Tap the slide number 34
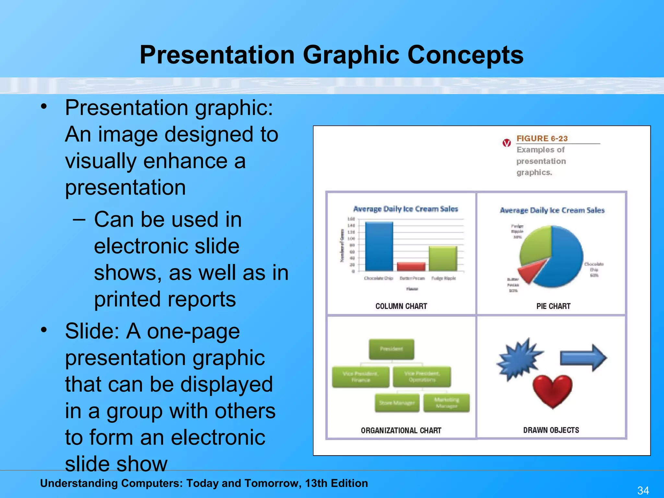pos(643,490)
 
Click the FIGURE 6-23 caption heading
pos(542,138)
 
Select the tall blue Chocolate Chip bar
pos(379,246)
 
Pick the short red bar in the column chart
pos(411,267)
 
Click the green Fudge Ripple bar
pos(443,258)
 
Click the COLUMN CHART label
pos(401,306)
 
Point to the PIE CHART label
pos(553,306)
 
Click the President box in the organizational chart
pos(391,349)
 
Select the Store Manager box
pos(397,403)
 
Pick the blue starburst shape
pos(519,359)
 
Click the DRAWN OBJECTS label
pos(551,430)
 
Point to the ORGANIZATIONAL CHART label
pos(401,431)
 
